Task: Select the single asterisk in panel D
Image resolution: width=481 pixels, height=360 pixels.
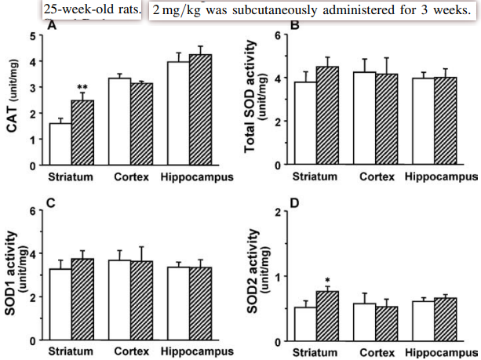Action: click(326, 280)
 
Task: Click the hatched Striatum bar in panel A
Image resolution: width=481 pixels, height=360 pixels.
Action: click(82, 133)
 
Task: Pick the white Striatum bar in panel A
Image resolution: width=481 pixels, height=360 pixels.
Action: click(60, 144)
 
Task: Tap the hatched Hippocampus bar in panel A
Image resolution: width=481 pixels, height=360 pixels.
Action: click(201, 110)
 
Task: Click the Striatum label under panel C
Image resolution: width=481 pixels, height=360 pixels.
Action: click(71, 352)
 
